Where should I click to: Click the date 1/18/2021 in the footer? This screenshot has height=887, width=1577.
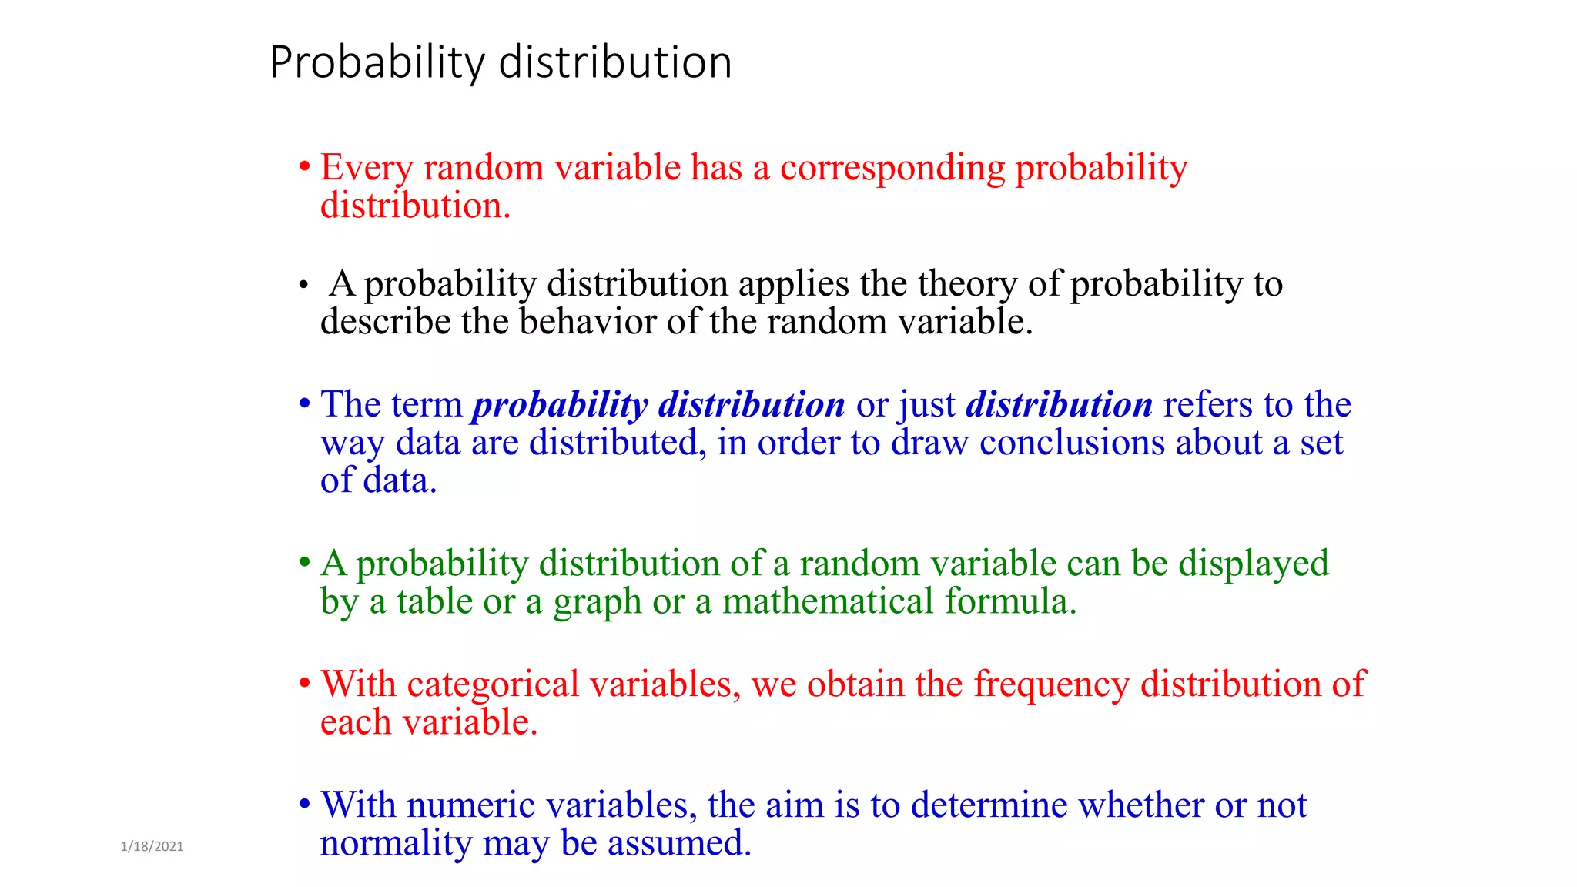click(152, 846)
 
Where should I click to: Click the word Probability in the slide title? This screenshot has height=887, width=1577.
click(377, 63)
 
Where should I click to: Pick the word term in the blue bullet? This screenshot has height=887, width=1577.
click(427, 404)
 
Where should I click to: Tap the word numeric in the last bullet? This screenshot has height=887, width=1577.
click(470, 805)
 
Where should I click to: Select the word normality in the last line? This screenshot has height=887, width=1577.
click(396, 844)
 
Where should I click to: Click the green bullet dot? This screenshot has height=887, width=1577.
click(305, 563)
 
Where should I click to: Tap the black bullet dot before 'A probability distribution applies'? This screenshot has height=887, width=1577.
click(304, 286)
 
